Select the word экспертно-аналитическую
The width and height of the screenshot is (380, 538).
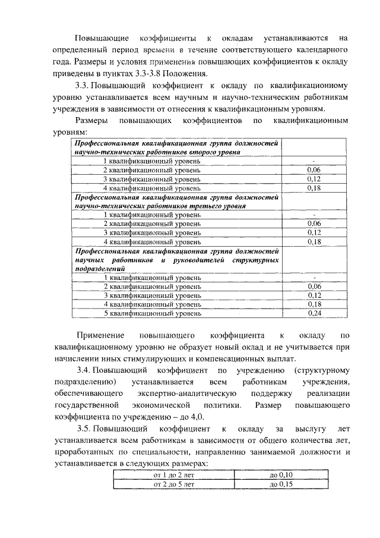[189, 394]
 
